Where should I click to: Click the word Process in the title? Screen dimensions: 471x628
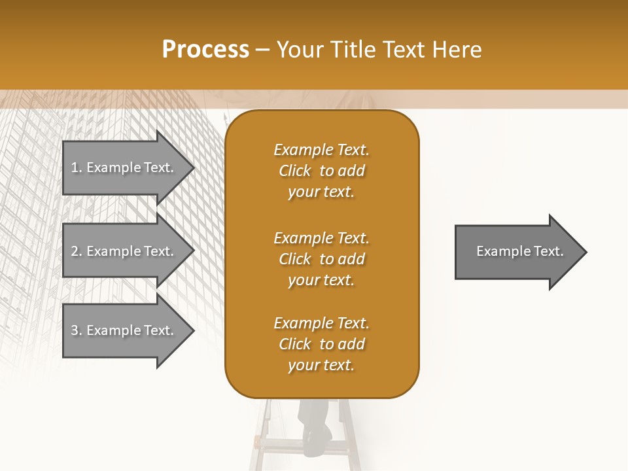pos(205,50)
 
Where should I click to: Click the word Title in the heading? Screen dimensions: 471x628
pos(351,50)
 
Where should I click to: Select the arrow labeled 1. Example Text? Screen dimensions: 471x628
pos(124,167)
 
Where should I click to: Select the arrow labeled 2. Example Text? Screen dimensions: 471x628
pos(124,251)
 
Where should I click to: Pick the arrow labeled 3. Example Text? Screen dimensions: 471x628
pos(124,330)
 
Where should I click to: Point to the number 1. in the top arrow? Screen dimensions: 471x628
pos(76,167)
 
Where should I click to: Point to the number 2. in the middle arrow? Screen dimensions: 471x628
pos(76,251)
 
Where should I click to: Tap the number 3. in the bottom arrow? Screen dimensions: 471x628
pos(76,330)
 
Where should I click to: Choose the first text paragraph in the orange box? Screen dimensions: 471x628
pos(321,171)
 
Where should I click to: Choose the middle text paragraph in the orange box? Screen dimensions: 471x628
pos(321,259)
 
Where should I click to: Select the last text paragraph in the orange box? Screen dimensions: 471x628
pos(321,344)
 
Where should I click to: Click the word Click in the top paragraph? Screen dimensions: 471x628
pos(295,171)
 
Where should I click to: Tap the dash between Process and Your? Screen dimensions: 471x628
pos(262,50)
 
